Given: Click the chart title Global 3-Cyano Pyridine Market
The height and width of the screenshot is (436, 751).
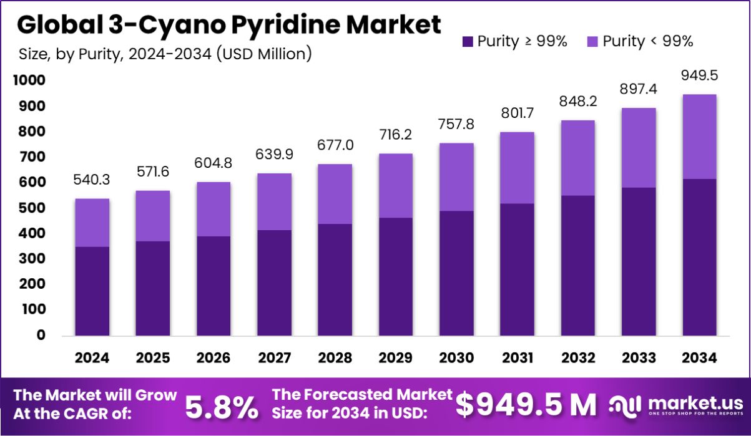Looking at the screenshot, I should click(228, 25).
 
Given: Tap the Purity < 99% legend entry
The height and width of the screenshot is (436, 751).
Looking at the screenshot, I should click(640, 42).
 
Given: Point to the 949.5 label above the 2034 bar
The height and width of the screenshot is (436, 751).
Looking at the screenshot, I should click(699, 75).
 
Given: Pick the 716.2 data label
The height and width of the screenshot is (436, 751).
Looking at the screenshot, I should click(396, 135).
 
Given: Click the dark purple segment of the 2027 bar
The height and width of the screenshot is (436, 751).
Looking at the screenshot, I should click(274, 282).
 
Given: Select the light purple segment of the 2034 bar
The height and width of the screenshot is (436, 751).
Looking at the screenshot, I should click(699, 137).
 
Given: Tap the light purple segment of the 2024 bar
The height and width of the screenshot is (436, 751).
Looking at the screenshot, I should click(92, 223).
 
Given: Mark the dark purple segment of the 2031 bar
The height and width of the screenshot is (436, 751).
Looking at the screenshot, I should click(517, 269).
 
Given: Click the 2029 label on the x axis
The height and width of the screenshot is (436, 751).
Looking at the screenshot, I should click(396, 358).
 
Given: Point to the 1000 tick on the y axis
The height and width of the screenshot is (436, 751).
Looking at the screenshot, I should click(29, 80).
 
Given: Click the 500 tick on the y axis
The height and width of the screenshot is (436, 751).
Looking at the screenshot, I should click(32, 208).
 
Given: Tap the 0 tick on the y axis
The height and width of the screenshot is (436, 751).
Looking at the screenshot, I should click(41, 335).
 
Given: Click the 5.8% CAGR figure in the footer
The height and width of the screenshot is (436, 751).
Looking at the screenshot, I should click(222, 407).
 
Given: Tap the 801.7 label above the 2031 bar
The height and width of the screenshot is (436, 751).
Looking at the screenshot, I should click(517, 114).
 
